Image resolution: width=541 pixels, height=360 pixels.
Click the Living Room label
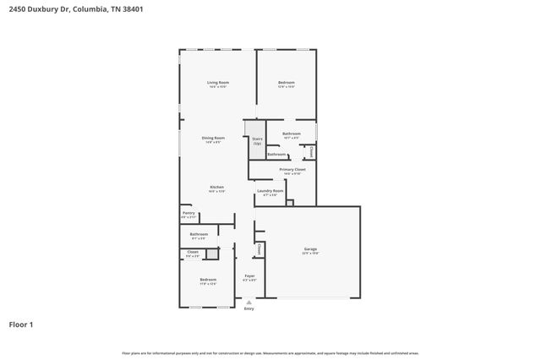(219, 82)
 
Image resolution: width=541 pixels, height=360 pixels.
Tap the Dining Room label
(213, 138)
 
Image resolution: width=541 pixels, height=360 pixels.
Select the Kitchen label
(216, 187)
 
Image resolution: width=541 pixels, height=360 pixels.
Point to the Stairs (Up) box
(257, 141)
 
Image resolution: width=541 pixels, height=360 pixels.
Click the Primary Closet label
(292, 169)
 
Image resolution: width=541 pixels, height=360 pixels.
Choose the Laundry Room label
(270, 191)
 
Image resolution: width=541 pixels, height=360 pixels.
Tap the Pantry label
(189, 213)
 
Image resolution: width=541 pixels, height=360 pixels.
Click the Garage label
(310, 248)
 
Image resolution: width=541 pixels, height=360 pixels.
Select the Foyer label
(249, 275)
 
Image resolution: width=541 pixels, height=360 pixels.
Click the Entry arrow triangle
(249, 303)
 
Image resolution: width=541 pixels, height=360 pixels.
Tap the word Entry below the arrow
(249, 309)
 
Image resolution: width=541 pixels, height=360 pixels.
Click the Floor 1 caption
(21, 324)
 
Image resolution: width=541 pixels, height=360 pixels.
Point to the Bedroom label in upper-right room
(287, 82)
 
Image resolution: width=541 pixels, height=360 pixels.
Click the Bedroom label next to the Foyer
(208, 280)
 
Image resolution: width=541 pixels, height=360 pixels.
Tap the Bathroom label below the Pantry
(199, 234)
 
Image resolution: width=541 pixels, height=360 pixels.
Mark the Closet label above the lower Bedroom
(193, 252)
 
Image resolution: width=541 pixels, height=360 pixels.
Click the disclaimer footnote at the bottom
(270, 352)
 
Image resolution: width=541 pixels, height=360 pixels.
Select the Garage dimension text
(310, 253)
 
